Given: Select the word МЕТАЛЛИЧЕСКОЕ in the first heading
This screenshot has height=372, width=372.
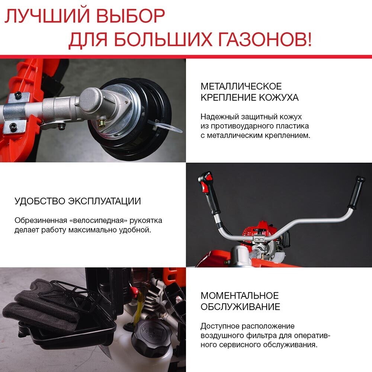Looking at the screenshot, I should coord(241,86).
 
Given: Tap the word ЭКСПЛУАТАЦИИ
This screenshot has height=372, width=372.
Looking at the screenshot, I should coord(105,202).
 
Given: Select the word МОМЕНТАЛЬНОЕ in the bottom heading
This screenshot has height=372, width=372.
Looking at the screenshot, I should coord(240,296).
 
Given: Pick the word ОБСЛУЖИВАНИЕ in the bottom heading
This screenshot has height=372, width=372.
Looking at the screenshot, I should coord(240,307).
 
